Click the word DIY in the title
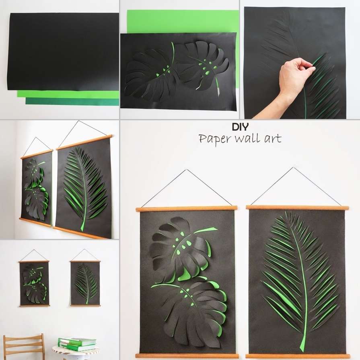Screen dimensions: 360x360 (240, 127)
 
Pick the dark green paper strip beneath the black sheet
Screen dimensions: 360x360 (72, 102)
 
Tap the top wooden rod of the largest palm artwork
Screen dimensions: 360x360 (297, 208)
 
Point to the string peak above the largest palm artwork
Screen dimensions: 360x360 (293, 168)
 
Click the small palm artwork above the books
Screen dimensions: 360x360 (85, 283)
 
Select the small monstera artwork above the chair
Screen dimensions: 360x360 (34, 283)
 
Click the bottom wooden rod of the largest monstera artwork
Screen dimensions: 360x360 (187, 356)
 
